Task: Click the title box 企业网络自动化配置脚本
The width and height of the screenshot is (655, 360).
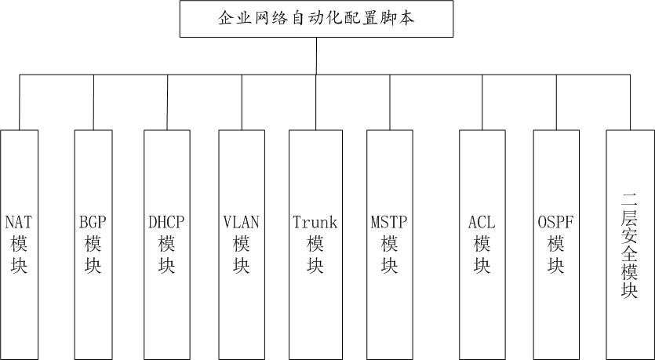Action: tap(316, 19)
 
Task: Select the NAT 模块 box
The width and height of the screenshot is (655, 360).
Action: tap(19, 243)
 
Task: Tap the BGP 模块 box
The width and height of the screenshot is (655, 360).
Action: tap(93, 243)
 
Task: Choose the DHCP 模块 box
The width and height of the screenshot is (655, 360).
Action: tap(166, 243)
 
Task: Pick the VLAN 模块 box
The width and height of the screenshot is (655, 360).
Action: tap(241, 243)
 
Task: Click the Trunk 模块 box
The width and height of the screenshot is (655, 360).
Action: tap(315, 243)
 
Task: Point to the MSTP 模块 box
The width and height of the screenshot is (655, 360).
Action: tap(390, 243)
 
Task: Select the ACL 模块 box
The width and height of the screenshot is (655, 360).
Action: tap(482, 243)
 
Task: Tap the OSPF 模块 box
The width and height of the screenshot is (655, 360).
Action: tap(556, 243)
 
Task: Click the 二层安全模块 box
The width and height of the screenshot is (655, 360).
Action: tap(630, 243)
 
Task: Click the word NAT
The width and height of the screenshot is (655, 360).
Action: tap(19, 222)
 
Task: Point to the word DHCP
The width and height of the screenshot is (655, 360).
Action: tap(166, 222)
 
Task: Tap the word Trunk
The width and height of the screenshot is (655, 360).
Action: tap(315, 222)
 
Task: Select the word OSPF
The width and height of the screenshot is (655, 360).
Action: tap(556, 222)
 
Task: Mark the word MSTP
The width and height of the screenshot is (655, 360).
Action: tap(390, 222)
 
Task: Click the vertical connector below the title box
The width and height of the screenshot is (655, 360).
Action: tap(316, 56)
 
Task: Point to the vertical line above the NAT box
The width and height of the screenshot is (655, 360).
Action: tap(20, 102)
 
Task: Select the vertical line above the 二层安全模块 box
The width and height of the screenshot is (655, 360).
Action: tap(630, 102)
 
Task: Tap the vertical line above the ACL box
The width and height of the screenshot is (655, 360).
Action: tap(482, 102)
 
